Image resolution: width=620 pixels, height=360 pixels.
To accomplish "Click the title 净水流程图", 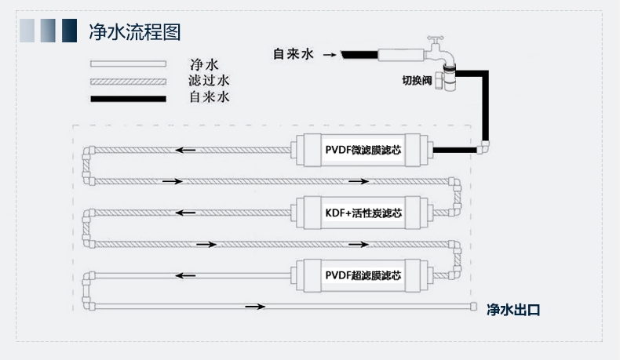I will (135, 32).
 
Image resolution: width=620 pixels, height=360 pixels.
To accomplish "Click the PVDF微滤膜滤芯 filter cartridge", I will (363, 149).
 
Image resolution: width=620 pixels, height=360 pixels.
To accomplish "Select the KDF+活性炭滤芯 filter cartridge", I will (363, 213).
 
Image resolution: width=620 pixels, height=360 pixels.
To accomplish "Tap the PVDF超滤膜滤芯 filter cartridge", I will (363, 275).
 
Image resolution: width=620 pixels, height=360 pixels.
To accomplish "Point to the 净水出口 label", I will (513, 310).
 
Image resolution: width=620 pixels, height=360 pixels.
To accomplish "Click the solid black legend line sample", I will (128, 99).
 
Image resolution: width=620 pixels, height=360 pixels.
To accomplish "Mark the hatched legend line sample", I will (128, 82).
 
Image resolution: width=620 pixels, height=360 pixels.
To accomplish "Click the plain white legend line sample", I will (128, 64).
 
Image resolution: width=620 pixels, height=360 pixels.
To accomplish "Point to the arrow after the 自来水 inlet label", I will (329, 55).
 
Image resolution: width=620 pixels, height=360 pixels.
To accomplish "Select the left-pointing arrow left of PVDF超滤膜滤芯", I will (185, 275).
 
